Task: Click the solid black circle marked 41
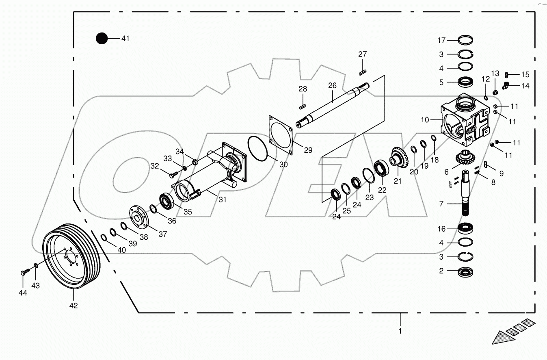102,39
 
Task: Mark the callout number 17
441,40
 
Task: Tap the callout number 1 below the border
400,331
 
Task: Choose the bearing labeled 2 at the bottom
465,271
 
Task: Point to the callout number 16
441,229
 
